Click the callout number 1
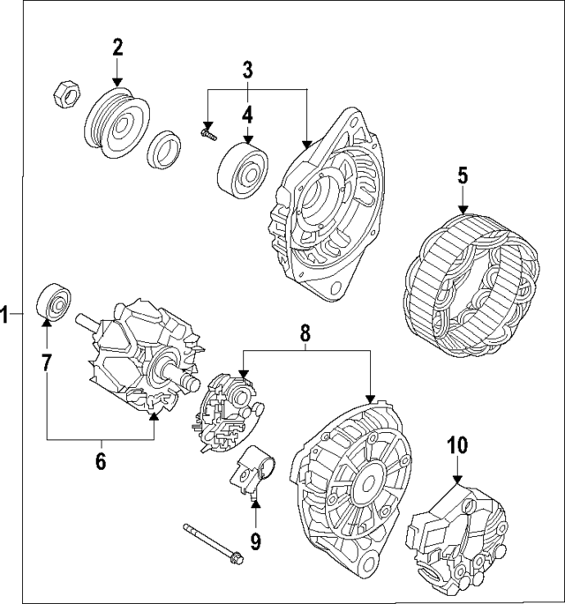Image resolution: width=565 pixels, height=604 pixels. (6, 314)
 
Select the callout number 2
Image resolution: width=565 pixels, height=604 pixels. (118, 48)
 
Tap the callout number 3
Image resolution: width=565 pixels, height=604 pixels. (248, 68)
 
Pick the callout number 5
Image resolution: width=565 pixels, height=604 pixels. (462, 175)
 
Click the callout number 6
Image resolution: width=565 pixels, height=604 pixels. (100, 460)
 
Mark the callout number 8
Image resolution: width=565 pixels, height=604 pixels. (305, 332)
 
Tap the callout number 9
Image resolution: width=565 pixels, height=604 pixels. (255, 540)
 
